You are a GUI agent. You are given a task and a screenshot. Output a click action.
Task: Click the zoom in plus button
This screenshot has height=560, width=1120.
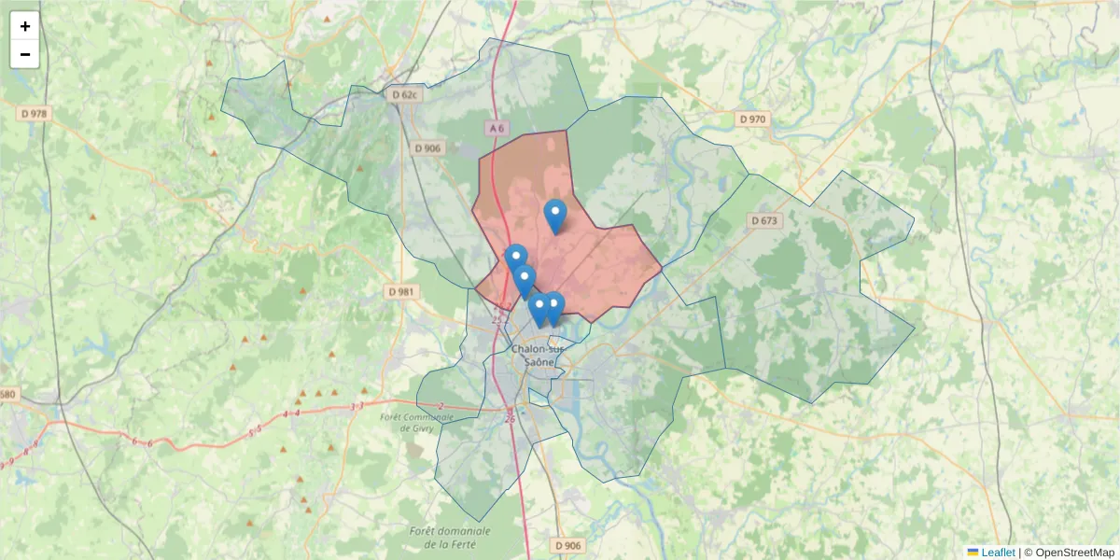25,26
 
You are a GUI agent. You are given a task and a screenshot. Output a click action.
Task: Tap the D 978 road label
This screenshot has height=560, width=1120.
35,114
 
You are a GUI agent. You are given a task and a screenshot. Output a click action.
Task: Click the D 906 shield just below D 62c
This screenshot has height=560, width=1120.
428,148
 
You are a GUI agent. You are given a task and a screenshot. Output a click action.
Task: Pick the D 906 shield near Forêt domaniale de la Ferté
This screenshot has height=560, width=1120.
567,545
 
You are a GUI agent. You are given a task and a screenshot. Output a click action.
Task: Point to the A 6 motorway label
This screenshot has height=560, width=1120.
497,128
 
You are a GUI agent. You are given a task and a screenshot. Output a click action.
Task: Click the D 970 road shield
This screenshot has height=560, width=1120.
751,119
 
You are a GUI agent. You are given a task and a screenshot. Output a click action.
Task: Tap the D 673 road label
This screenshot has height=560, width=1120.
763,220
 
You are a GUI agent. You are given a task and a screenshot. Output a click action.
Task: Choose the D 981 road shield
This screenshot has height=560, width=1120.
400,292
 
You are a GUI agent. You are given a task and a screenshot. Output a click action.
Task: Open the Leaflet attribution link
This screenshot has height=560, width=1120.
997,553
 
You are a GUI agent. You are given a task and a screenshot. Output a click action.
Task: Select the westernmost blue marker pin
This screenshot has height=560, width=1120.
515,259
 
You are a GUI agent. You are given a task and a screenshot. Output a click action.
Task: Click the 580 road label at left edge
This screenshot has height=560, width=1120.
7,394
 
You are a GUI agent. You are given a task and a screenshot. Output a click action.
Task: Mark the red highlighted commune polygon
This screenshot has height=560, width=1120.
597,261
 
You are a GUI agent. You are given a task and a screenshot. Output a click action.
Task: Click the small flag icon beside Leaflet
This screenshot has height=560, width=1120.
973,553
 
